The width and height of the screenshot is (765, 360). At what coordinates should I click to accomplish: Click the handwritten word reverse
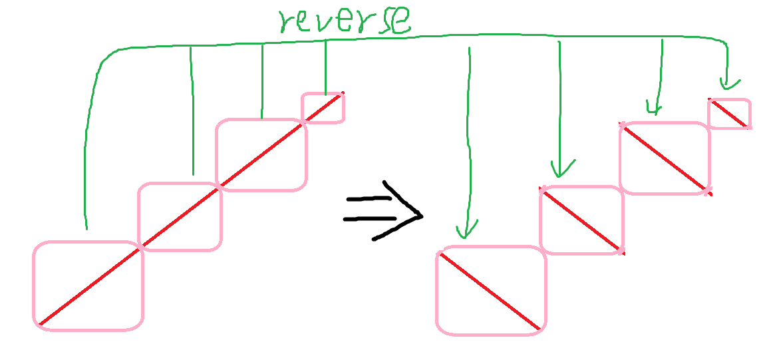[344, 22]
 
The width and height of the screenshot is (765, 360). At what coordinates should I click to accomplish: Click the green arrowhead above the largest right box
[467, 232]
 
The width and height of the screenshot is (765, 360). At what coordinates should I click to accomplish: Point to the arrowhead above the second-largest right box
[562, 170]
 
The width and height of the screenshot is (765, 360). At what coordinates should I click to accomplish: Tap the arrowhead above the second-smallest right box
[655, 108]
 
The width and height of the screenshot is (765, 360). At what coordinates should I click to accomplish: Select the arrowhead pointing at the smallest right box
[728, 85]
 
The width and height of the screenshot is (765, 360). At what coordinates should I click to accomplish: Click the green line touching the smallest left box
[325, 67]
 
